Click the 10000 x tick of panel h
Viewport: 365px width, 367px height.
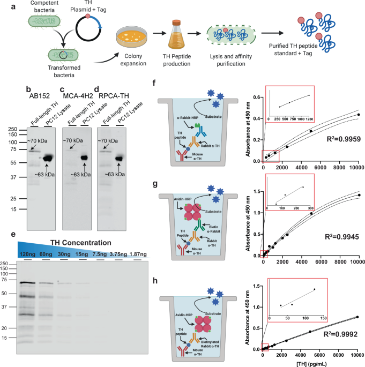[x=358, y=354]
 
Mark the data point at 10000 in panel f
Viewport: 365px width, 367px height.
[x=358, y=115]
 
